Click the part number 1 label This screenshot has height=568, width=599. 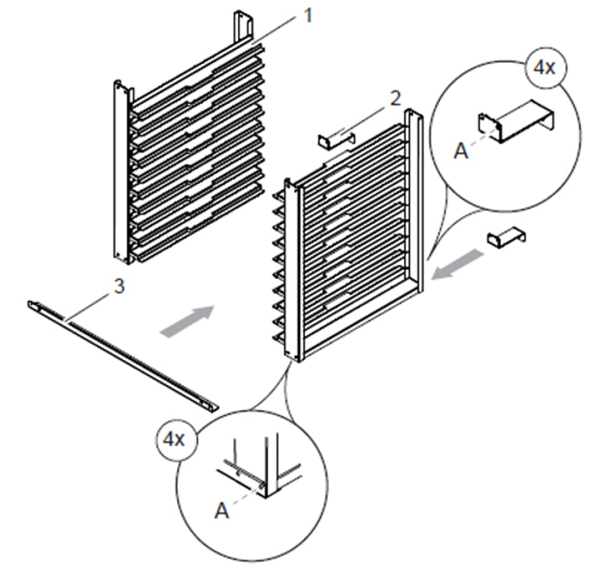[x=303, y=14]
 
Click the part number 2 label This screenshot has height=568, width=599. [x=394, y=97]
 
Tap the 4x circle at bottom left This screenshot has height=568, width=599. [x=174, y=438]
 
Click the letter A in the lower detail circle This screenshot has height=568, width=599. [x=222, y=511]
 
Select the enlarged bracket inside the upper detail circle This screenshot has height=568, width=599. [x=514, y=120]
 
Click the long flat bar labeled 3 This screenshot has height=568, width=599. [x=120, y=353]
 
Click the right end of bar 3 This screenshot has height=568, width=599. [x=210, y=405]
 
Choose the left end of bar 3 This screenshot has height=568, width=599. [x=34, y=304]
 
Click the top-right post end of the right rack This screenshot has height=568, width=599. [x=416, y=119]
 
